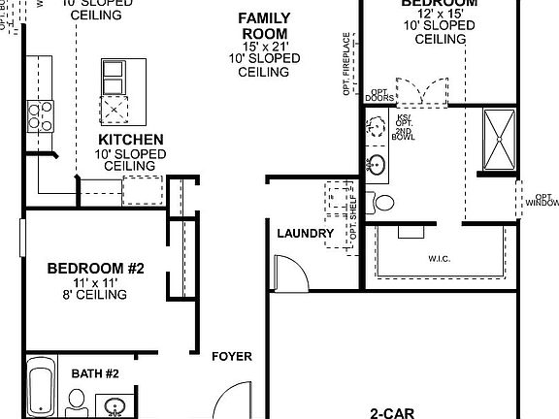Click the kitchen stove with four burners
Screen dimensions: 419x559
point(41,117)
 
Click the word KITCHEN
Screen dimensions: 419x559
point(129,140)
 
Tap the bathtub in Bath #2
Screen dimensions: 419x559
point(41,388)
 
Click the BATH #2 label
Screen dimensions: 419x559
point(95,373)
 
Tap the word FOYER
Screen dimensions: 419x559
point(232,357)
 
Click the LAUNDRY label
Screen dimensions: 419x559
point(305,234)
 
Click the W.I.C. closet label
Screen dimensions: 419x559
point(443,259)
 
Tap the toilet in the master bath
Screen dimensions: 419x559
point(384,203)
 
